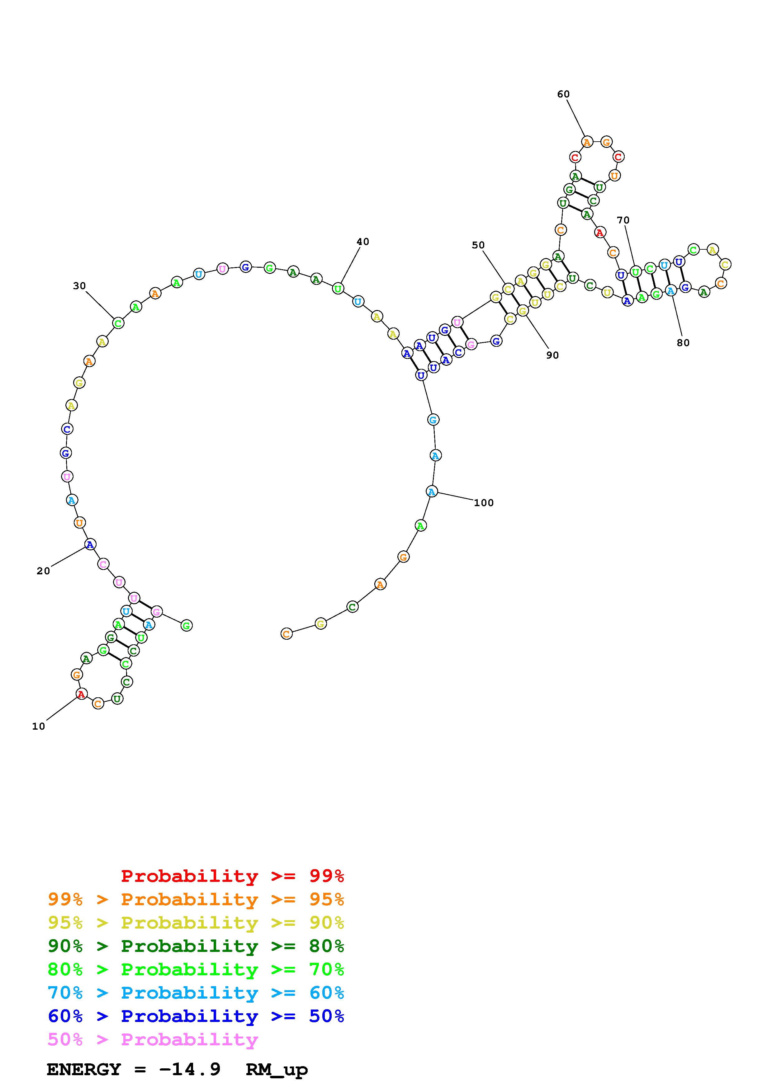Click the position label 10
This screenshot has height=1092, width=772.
(39, 726)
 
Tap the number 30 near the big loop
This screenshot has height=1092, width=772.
(79, 285)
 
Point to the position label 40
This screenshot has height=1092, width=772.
(363, 242)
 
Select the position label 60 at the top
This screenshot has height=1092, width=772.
(564, 94)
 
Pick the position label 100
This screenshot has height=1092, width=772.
(484, 503)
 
